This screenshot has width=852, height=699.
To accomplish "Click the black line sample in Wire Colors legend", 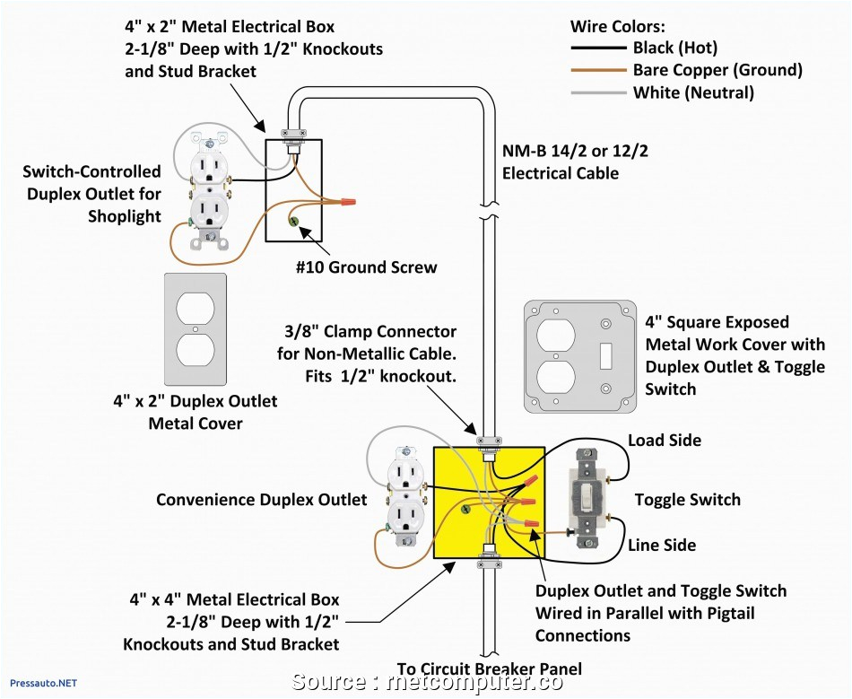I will pos(598,48).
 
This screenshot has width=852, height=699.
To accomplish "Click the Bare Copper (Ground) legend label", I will pos(717,70).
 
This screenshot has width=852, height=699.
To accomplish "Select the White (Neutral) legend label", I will pos(693,92).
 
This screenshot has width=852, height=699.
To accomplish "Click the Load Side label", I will pos(665,441).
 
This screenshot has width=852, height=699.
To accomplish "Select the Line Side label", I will pos(662,545).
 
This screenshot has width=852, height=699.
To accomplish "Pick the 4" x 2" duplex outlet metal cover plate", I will pos(196,329).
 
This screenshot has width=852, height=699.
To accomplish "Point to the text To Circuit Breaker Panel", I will pos(490,668).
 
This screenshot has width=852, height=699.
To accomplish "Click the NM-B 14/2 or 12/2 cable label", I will pos(574,162).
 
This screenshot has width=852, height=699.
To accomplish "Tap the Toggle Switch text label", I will pos(688,500).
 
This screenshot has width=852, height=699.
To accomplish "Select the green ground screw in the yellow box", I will pos(465,510).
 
